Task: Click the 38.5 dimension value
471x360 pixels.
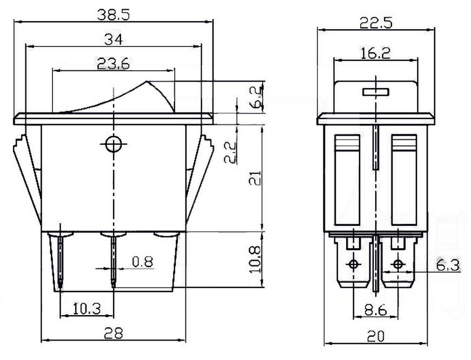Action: tap(114, 15)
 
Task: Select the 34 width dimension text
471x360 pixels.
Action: tap(114, 39)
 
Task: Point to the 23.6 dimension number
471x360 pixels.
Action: tap(114, 64)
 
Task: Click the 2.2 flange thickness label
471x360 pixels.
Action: tap(231, 152)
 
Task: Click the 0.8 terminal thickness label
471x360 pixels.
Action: tap(142, 262)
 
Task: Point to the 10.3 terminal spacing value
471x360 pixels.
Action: tap(87, 309)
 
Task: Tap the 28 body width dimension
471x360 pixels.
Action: tap(113, 333)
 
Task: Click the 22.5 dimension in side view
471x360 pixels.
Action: tap(375, 23)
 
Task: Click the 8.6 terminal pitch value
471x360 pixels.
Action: tap(375, 310)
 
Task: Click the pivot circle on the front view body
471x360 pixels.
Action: tap(114, 144)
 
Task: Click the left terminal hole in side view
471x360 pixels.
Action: tap(354, 264)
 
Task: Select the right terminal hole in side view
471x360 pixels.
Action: tap(398, 264)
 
